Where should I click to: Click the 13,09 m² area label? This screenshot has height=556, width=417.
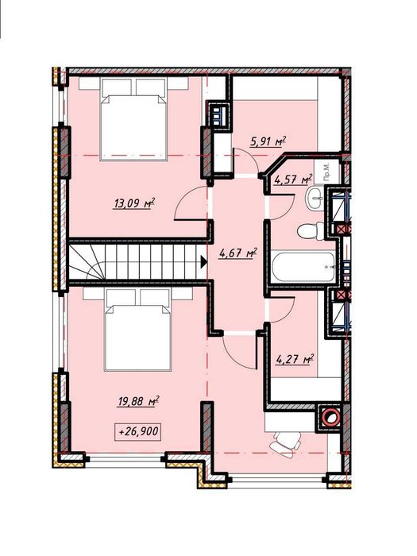(134, 204)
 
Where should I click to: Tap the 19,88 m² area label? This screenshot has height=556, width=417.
(138, 401)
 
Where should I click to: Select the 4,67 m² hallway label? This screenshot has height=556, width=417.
(238, 253)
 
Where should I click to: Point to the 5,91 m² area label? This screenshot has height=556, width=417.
(268, 142)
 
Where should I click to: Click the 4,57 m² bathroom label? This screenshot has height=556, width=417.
(294, 179)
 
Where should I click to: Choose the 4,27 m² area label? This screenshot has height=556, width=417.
(295, 360)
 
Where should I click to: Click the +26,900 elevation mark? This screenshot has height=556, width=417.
(139, 432)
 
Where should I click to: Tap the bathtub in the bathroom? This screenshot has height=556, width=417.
(303, 268)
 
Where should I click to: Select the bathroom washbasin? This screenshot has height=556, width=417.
(315, 198)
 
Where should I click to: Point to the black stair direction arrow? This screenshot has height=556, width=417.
(204, 262)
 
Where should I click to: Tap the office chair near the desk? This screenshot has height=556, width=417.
(286, 442)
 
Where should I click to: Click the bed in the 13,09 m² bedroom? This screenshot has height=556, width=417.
(133, 119)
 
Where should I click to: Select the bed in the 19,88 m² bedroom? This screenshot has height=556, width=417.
(138, 330)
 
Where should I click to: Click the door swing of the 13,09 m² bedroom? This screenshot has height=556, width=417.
(191, 204)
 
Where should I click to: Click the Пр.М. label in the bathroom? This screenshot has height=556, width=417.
(326, 172)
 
